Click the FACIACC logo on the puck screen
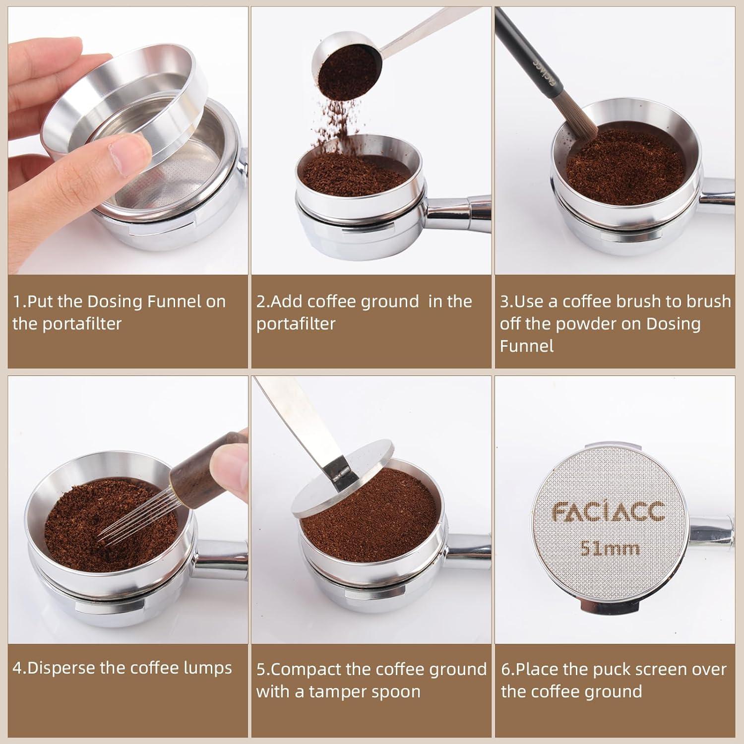[609, 512]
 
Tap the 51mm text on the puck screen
[610, 549]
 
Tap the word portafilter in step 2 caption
[296, 324]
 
